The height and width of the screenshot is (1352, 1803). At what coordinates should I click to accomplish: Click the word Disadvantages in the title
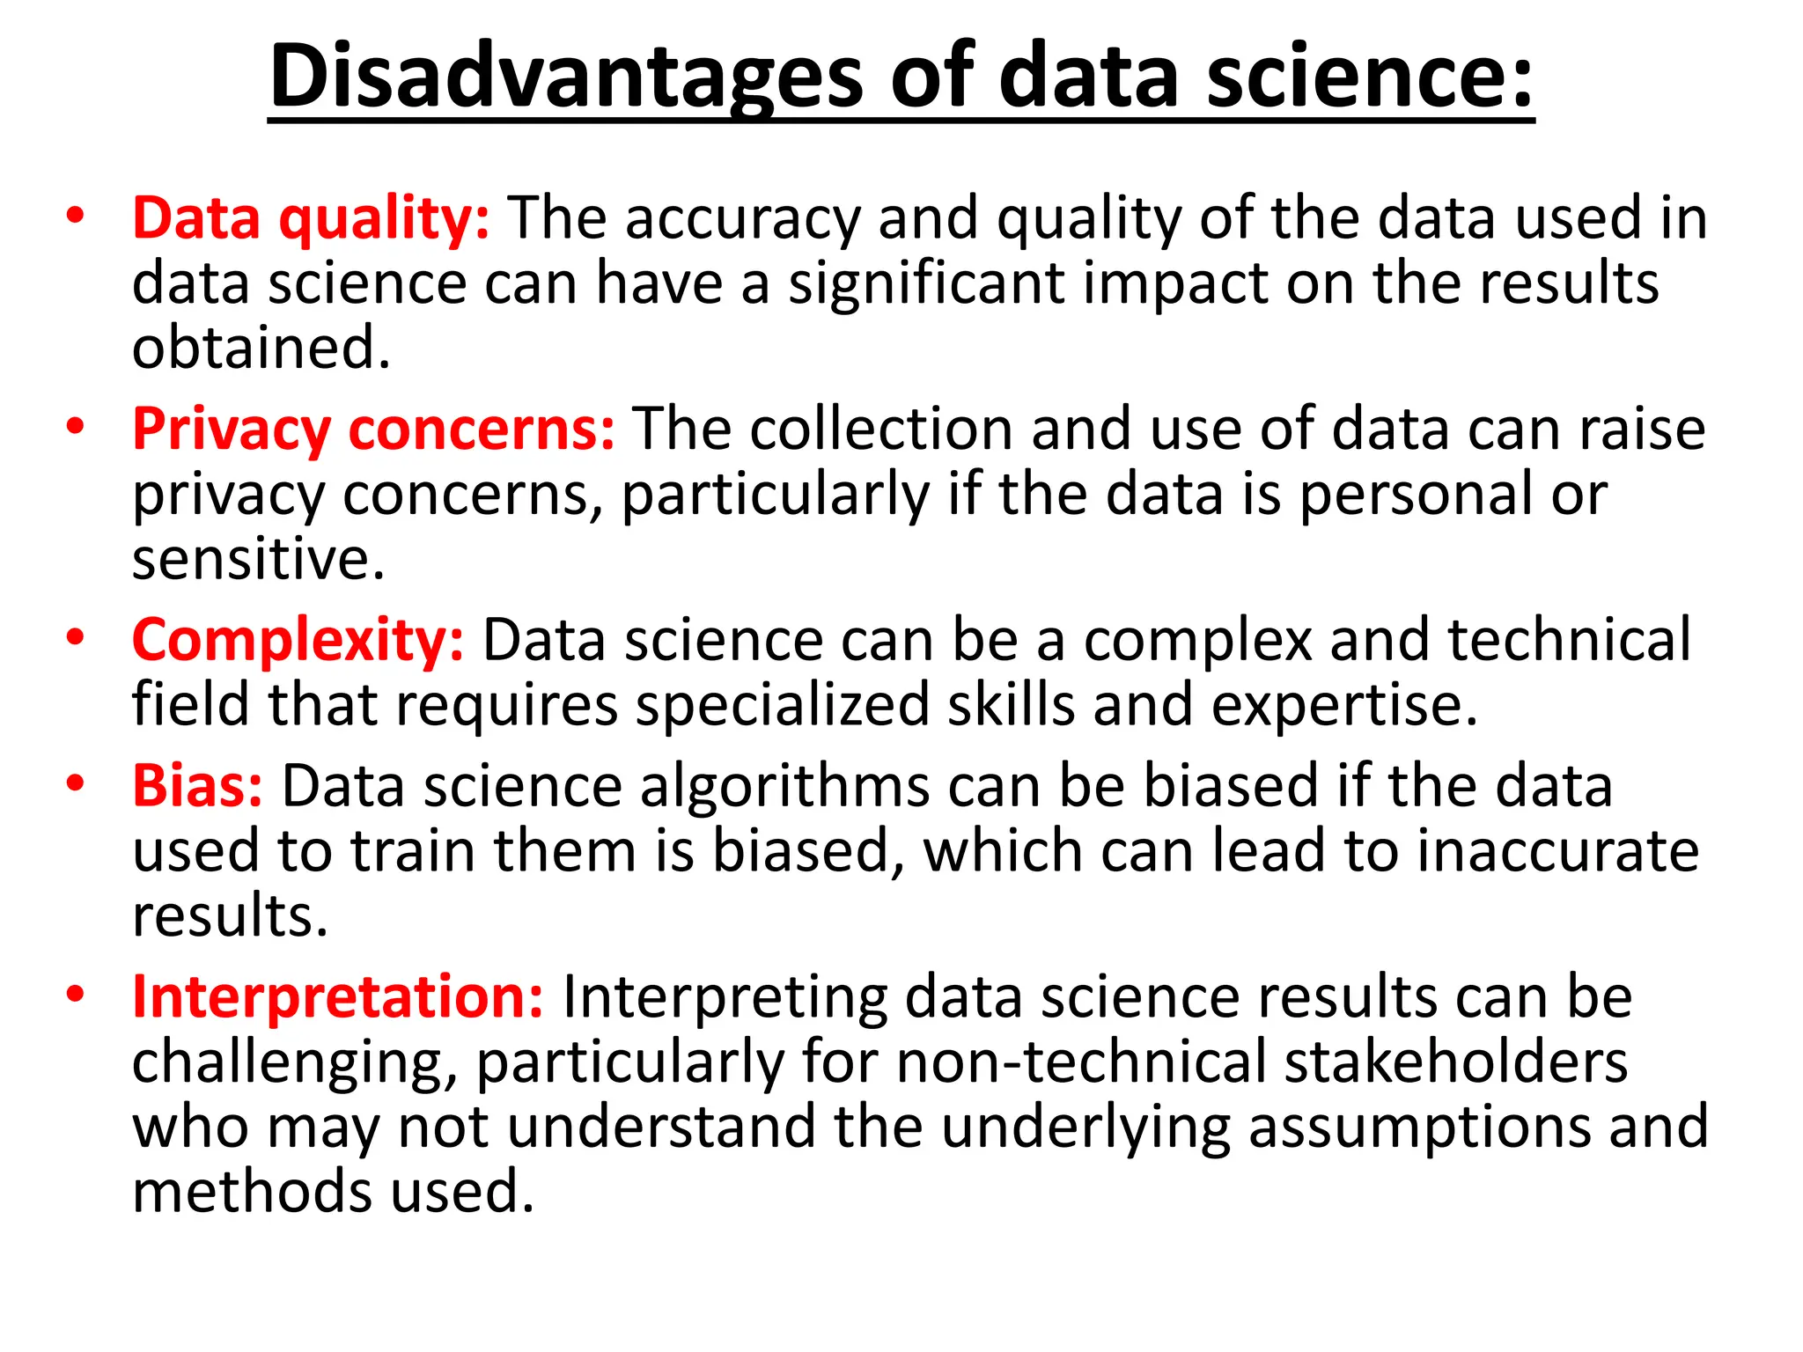click(x=565, y=77)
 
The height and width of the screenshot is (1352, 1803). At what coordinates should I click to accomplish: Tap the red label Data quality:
click(x=310, y=218)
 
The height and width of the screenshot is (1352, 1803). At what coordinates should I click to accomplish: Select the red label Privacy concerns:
click(x=373, y=430)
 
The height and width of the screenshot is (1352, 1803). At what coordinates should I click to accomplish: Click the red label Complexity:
click(x=298, y=641)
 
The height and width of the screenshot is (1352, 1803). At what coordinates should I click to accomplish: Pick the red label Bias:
click(x=197, y=786)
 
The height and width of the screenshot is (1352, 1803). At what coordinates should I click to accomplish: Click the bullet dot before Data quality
click(x=76, y=217)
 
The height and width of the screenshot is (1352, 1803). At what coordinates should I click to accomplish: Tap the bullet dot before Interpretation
click(x=76, y=995)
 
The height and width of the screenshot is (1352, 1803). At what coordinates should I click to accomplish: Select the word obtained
click(x=261, y=348)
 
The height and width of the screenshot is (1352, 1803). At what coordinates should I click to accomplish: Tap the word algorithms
click(x=784, y=786)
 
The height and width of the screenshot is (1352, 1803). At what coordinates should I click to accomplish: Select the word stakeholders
click(x=1456, y=1062)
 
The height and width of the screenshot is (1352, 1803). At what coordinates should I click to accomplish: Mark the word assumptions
click(x=1419, y=1128)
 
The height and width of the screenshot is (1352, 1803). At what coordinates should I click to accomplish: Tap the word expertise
click(x=1344, y=706)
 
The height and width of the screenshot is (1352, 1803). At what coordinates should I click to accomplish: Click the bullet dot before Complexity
click(x=76, y=638)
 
